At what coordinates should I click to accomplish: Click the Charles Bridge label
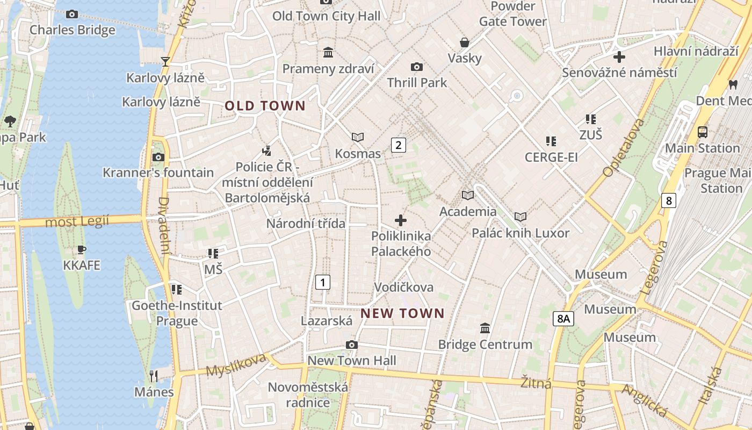(x=72, y=30)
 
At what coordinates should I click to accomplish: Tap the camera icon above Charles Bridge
(x=72, y=15)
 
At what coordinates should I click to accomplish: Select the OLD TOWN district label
(x=265, y=106)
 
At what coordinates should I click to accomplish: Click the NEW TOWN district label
(x=402, y=313)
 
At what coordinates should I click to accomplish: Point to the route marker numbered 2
(x=398, y=145)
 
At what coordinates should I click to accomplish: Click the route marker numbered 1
(x=322, y=282)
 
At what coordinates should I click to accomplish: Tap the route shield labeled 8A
(x=563, y=319)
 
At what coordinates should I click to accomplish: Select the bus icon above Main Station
(x=702, y=132)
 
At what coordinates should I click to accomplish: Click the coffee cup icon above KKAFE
(x=81, y=249)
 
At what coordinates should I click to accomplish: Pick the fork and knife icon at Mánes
(x=154, y=376)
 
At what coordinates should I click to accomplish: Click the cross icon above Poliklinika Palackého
(x=401, y=220)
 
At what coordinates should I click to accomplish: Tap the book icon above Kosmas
(x=358, y=138)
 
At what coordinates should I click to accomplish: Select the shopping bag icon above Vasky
(x=465, y=42)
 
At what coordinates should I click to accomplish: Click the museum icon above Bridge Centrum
(x=485, y=328)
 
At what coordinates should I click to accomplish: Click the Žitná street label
(x=536, y=383)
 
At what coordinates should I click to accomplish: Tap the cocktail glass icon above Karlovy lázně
(x=165, y=62)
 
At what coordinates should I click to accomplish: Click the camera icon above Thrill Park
(x=417, y=67)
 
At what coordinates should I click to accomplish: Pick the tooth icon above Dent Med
(x=733, y=84)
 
